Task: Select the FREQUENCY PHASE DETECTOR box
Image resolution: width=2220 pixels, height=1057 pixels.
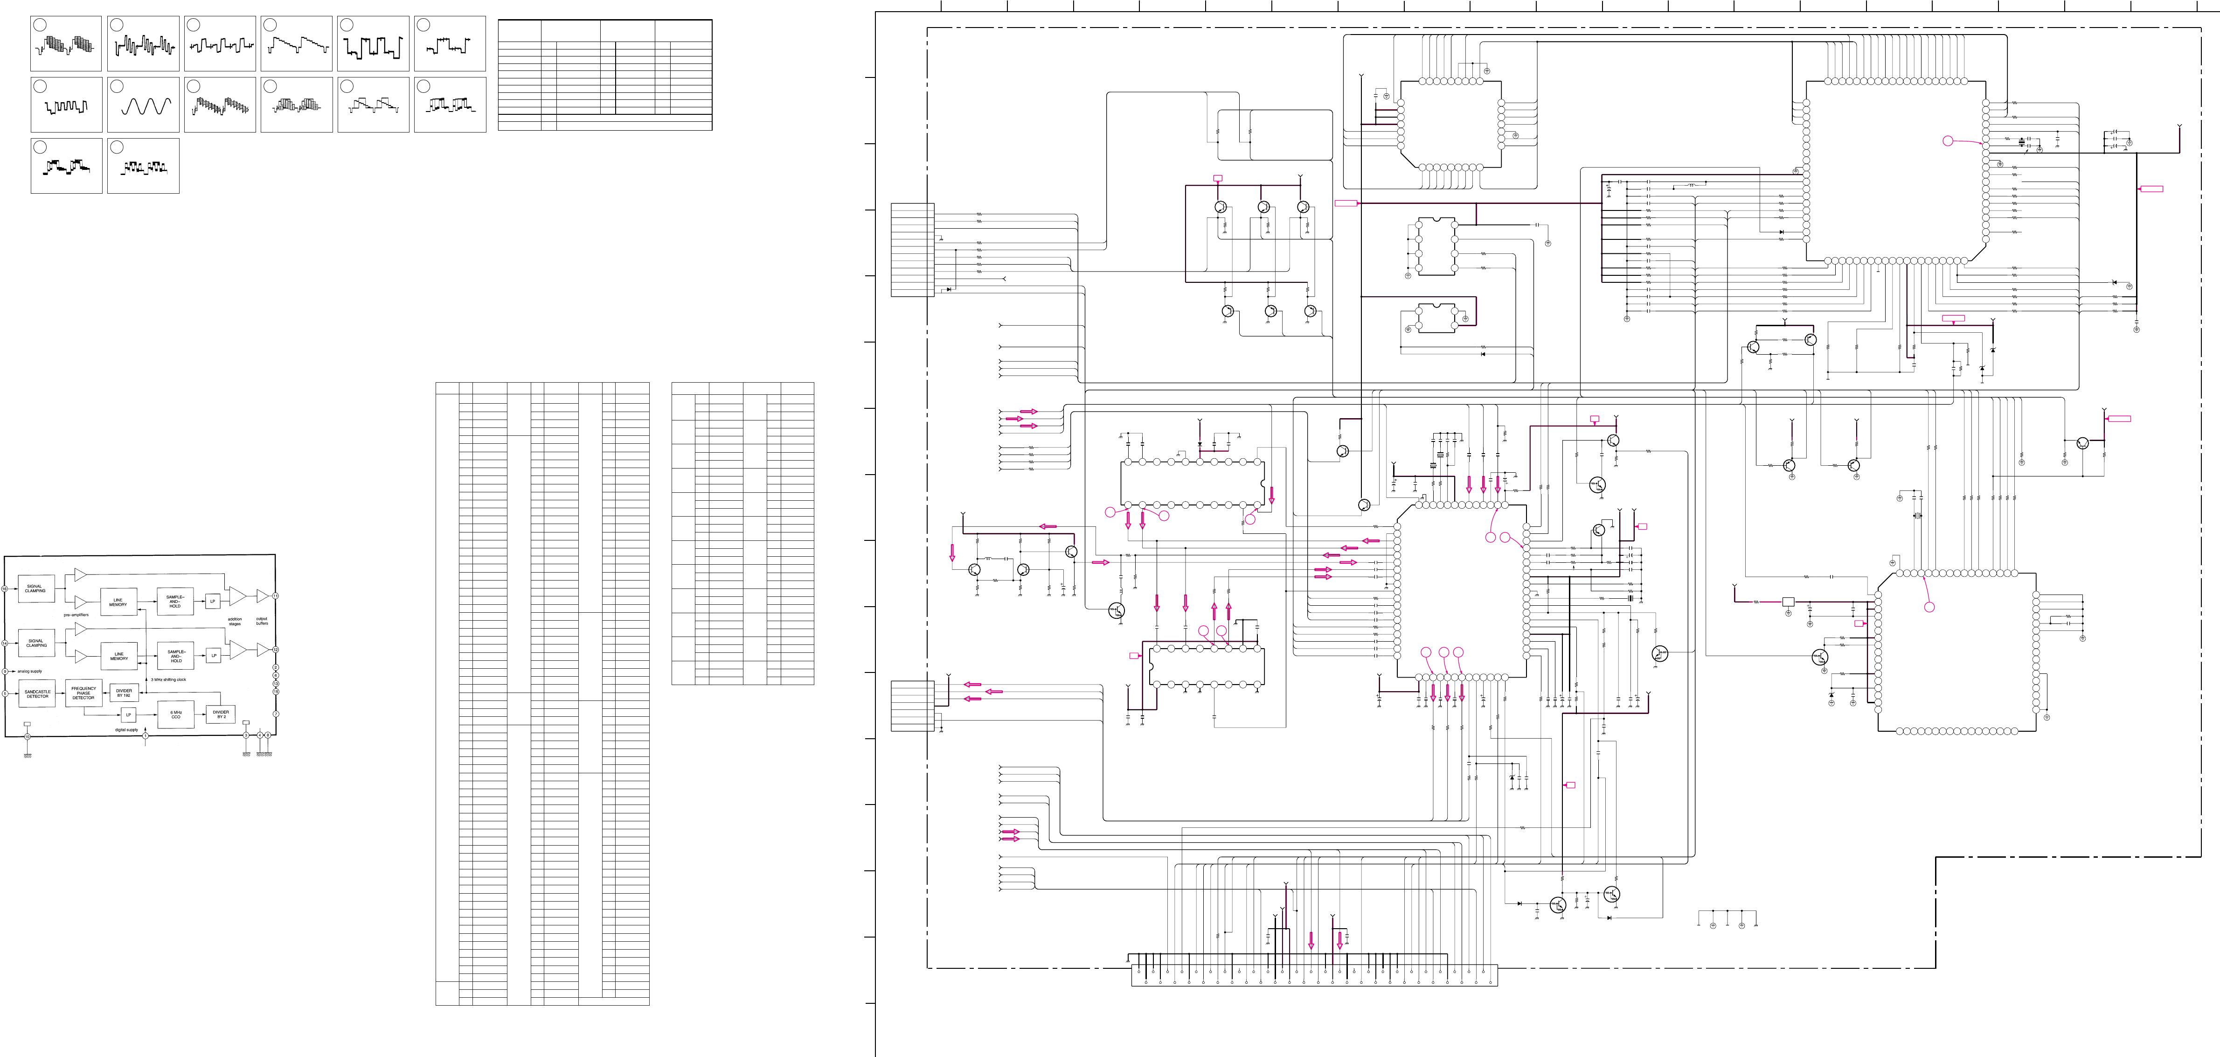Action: [x=83, y=693]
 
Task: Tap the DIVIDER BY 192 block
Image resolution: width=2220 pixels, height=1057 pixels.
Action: [x=124, y=693]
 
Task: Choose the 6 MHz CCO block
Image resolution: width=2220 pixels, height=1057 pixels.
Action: [x=176, y=715]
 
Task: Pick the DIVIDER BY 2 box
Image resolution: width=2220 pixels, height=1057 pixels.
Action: [x=221, y=715]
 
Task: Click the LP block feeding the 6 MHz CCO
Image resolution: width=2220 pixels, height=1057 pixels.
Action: [x=128, y=715]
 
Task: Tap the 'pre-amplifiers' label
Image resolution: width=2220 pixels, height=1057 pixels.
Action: [x=76, y=615]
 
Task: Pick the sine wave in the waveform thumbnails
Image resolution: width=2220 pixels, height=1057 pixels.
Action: [x=144, y=106]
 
